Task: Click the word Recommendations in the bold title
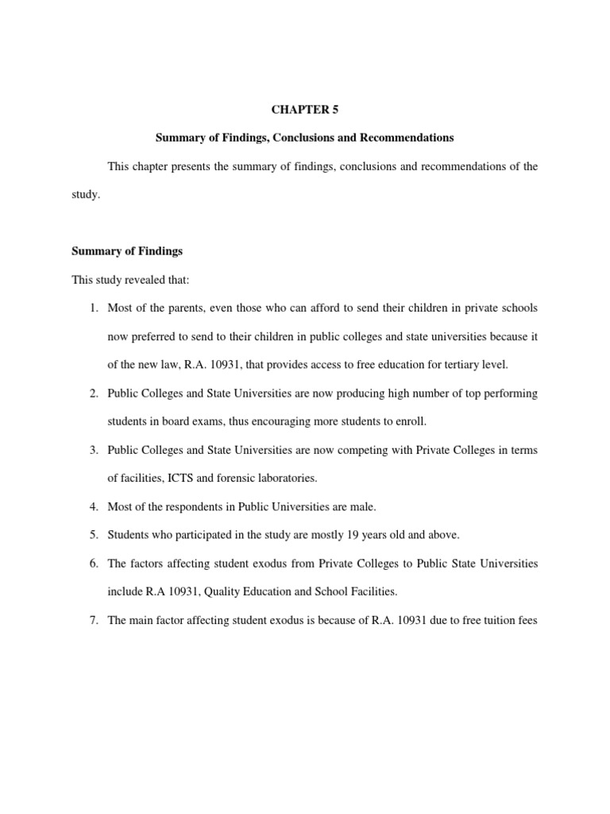pyautogui.click(x=407, y=138)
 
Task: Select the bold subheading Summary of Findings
pyautogui.click(x=127, y=251)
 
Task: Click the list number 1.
pyautogui.click(x=92, y=308)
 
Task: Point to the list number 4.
pyautogui.click(x=92, y=506)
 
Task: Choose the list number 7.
pyautogui.click(x=92, y=620)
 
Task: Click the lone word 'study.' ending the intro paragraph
pyautogui.click(x=86, y=194)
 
